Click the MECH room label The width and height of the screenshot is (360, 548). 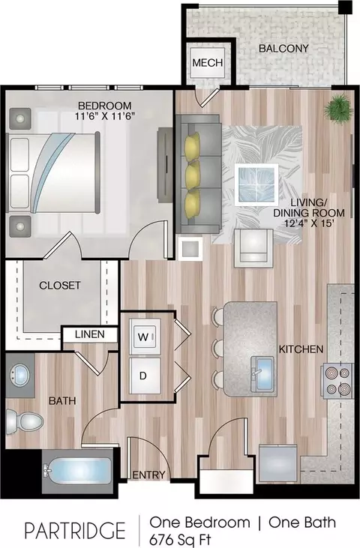pos(208,63)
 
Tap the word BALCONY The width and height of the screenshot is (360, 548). pos(283,48)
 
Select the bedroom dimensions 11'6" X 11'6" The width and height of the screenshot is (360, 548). pos(105,116)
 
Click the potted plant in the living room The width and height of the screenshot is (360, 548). pos(338,109)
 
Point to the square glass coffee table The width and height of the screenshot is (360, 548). pos(256,184)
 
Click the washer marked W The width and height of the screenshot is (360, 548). pos(144,337)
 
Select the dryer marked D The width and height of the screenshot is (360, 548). pos(144,376)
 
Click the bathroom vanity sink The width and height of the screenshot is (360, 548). pos(21,374)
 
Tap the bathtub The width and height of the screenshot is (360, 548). pos(77,471)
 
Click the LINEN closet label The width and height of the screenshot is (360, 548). pos(90,334)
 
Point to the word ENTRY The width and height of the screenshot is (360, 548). pos(148,475)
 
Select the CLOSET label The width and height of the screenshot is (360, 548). pos(60,286)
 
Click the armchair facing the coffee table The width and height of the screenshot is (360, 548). pos(253,248)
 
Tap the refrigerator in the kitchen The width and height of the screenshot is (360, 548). pos(278,463)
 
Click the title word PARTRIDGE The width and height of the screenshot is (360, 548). pos(75,530)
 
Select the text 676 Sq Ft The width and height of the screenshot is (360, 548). pos(180,540)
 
